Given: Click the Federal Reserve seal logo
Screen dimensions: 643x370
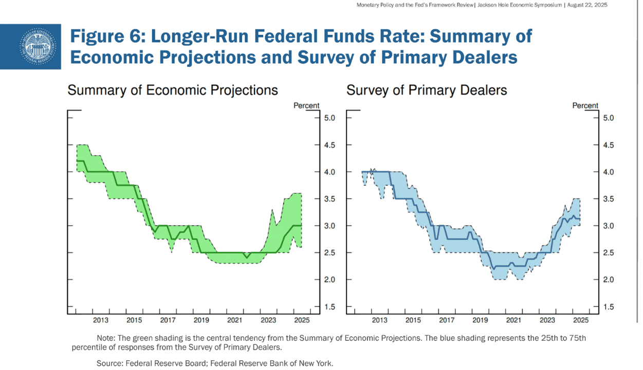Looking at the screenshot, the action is (38, 46).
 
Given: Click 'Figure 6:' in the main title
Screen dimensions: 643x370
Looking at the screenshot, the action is (108, 36).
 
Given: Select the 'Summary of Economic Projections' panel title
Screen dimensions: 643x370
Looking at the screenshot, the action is (173, 90).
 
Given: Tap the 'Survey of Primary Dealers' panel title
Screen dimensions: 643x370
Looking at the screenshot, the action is (427, 90).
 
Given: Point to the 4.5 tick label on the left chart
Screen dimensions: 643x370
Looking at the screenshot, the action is (329, 145).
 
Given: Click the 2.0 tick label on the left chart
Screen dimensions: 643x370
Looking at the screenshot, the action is (329, 280).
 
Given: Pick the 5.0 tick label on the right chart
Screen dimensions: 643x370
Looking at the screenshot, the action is (608, 118).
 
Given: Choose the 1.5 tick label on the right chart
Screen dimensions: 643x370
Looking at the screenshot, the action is (608, 307).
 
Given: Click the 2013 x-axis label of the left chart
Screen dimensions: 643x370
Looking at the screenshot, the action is (101, 320).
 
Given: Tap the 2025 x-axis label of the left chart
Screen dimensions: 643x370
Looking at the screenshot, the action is (302, 320).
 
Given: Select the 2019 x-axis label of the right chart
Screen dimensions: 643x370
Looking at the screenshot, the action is (480, 320).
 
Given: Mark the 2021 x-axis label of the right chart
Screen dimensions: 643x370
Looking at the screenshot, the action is (513, 320).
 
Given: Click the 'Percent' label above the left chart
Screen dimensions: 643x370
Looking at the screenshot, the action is (306, 106).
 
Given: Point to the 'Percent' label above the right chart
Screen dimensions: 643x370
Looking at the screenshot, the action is (585, 106).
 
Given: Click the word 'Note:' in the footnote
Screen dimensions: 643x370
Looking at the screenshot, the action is (106, 338).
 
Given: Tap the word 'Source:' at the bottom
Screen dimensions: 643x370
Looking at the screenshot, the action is (110, 363).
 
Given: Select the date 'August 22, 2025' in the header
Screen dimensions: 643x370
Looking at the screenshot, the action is (587, 5).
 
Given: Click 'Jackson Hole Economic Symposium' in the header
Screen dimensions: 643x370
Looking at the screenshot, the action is (520, 5).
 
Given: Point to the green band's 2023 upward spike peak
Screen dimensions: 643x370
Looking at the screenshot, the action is (272, 210).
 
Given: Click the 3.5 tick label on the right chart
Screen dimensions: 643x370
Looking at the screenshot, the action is (608, 199).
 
